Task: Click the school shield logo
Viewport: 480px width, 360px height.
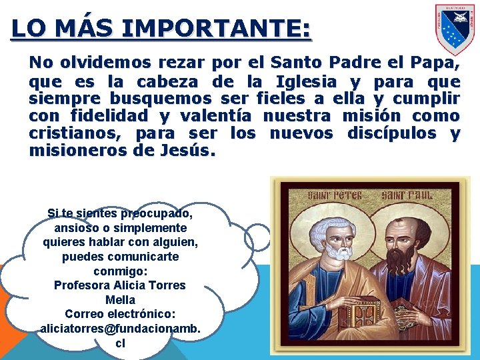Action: pos(455,29)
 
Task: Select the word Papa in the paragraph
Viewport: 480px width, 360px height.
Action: pos(434,63)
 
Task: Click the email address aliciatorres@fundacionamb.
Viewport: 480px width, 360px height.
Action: pos(120,328)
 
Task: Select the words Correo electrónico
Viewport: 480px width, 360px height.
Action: pos(119,313)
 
